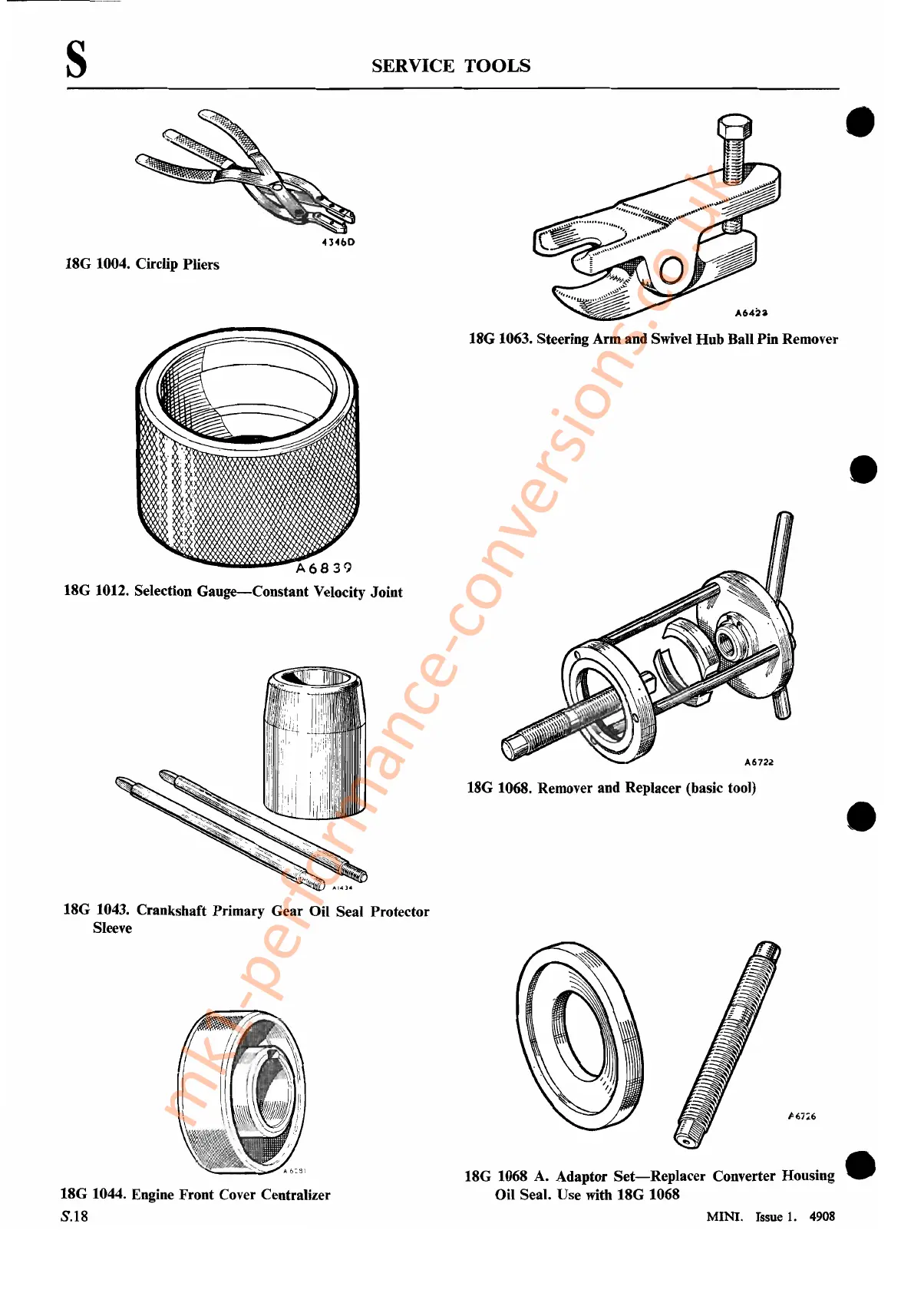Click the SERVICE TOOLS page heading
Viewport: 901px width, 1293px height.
click(450, 66)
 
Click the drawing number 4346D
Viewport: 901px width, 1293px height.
click(338, 243)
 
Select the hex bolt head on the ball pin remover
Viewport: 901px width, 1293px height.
click(734, 129)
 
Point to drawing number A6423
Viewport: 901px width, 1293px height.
click(751, 313)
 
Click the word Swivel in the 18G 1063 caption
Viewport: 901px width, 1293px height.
click(671, 339)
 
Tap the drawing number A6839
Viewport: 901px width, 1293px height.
click(324, 568)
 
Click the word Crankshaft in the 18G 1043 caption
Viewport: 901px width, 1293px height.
click(171, 911)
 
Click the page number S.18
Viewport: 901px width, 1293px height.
click(74, 1216)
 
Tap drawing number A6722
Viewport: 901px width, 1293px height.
click(759, 762)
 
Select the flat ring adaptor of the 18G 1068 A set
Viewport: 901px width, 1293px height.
click(579, 1036)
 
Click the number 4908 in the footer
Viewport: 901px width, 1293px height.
click(822, 1216)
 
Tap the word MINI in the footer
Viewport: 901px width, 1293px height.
click(724, 1216)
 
